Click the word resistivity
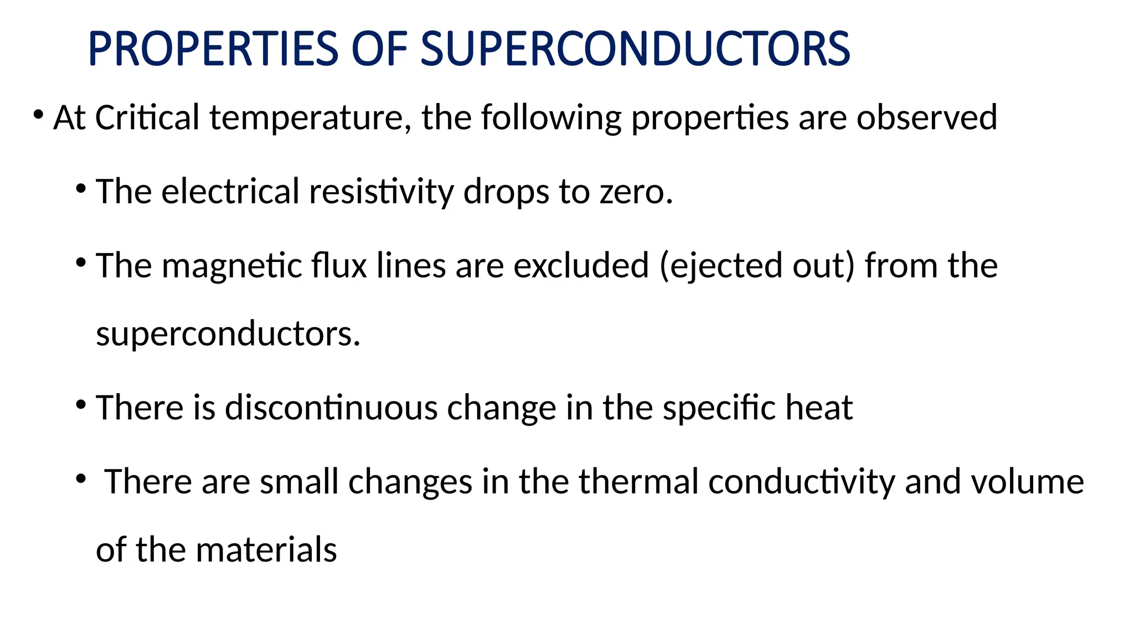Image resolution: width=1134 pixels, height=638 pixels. (x=381, y=192)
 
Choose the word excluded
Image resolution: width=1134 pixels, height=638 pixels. (x=581, y=265)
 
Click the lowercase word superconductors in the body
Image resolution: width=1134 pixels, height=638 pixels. (x=228, y=334)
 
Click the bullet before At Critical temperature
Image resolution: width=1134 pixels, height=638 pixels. (x=38, y=115)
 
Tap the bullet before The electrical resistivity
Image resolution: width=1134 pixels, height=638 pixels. (x=81, y=189)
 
